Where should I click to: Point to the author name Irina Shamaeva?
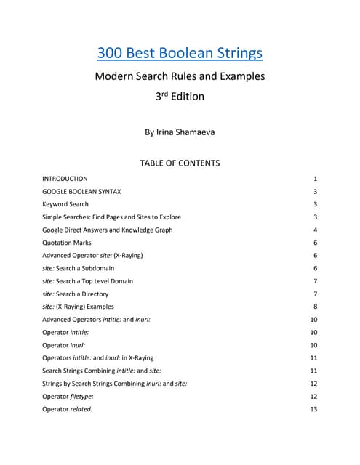pyautogui.click(x=180, y=133)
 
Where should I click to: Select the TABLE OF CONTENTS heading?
pyautogui.click(x=180, y=163)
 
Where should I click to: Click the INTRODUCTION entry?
pyautogui.click(x=65, y=178)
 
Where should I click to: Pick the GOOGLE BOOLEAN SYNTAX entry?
pyautogui.click(x=81, y=191)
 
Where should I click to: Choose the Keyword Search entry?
pyautogui.click(x=65, y=204)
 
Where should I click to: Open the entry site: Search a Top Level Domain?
pyautogui.click(x=87, y=281)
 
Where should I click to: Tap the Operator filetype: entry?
pyautogui.click(x=72, y=396)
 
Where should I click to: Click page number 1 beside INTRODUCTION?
pyautogui.click(x=316, y=178)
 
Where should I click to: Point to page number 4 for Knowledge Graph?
pyautogui.click(x=316, y=230)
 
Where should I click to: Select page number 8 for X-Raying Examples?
pyautogui.click(x=316, y=307)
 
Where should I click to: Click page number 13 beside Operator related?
pyautogui.click(x=314, y=409)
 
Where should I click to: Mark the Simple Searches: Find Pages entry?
pyautogui.click(x=111, y=217)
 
